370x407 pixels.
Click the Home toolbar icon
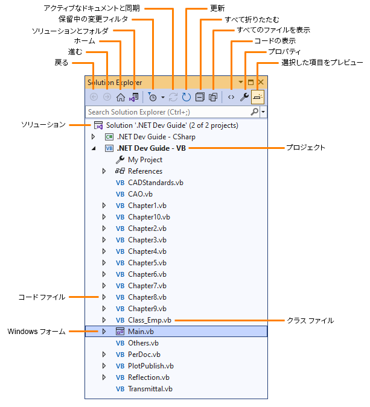[x=121, y=96]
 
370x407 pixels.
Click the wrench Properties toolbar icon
[x=244, y=96]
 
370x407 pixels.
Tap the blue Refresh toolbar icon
[x=186, y=96]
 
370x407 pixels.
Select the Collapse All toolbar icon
[x=200, y=96]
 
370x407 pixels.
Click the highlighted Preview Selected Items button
[x=258, y=96]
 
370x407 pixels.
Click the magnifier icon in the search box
[x=255, y=112]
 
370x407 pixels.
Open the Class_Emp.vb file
[x=149, y=320]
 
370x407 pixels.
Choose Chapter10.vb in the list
[x=148, y=217]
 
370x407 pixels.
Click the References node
[x=145, y=171]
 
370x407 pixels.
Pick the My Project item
[x=145, y=160]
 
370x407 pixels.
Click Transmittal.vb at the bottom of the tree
[x=150, y=389]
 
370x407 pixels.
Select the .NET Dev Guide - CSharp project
[x=156, y=137]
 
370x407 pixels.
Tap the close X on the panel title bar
[x=261, y=81]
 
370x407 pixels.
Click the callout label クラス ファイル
[x=310, y=320]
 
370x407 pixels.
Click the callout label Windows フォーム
[x=36, y=332]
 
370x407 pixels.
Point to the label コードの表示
[x=274, y=41]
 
